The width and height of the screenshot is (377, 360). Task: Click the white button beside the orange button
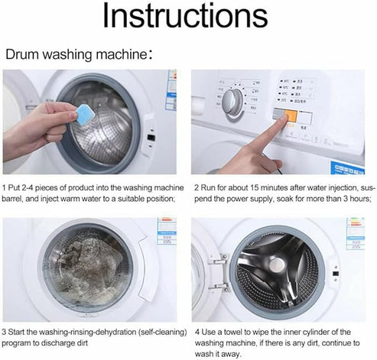click(307, 117)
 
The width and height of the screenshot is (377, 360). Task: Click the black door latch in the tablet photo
click(151, 138)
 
